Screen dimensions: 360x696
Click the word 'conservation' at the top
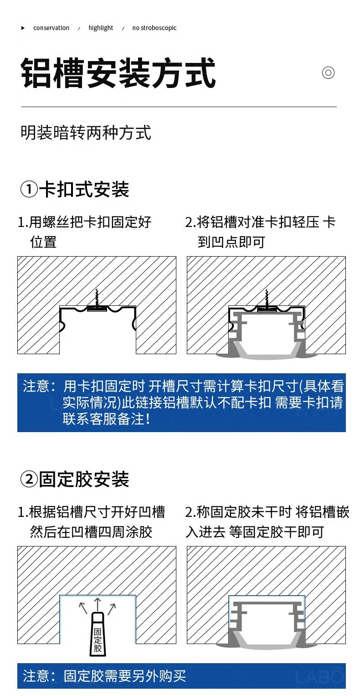pos(51,28)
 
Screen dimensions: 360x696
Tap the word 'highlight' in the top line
pos(101,28)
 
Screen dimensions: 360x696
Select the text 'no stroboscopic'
pos(154,28)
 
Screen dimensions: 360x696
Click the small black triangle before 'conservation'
pos(23,28)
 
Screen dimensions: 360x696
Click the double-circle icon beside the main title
pos(328,73)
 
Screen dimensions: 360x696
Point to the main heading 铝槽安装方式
pos(118,73)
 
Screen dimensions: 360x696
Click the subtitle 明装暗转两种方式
pos(86,133)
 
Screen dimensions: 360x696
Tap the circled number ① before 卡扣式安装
pos(29,189)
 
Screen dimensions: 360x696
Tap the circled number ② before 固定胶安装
pos(29,479)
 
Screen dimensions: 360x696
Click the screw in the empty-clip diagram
pos(97,299)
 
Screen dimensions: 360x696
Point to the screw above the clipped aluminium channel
pos(267,299)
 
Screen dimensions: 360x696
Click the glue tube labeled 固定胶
pos(98,634)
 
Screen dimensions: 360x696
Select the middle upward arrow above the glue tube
pos(98,604)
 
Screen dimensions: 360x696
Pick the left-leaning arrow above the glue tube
pos(83,608)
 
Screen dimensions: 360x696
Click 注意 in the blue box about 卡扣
pos(36,386)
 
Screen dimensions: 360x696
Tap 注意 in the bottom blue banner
pos(36,676)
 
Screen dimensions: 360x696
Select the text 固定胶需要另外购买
pos(124,676)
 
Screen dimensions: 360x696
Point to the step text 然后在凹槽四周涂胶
pos(91,532)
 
